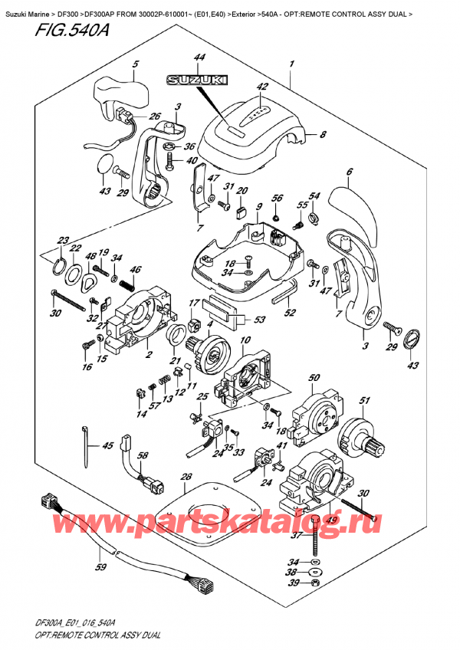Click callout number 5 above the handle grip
point(135,64)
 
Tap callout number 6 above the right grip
point(350,172)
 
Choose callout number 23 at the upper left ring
point(63,239)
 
